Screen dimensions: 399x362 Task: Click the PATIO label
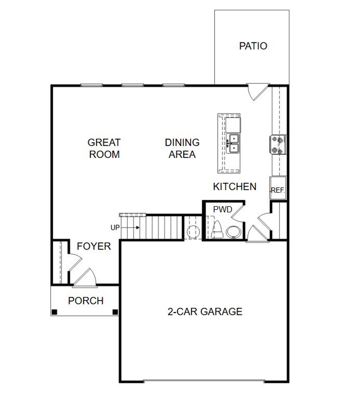pos(253,46)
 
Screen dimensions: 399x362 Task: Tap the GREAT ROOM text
pos(104,148)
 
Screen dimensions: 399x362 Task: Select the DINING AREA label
pos(182,148)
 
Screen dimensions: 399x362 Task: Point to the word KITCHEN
pos(234,187)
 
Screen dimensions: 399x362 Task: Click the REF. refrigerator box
pos(278,188)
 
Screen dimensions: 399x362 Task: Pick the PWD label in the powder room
pos(223,209)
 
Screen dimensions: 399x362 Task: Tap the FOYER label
pos(94,246)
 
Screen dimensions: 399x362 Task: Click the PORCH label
pos(86,301)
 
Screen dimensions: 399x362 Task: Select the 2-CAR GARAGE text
pos(205,312)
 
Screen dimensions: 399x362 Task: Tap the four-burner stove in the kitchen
pos(278,145)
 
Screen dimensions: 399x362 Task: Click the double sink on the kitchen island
pos(234,143)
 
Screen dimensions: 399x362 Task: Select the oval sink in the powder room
pos(234,232)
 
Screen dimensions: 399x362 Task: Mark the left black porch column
pos(54,312)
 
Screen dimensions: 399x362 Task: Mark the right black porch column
pos(115,312)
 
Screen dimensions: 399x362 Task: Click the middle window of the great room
pos(133,85)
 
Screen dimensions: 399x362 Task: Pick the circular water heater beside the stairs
pos(193,232)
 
